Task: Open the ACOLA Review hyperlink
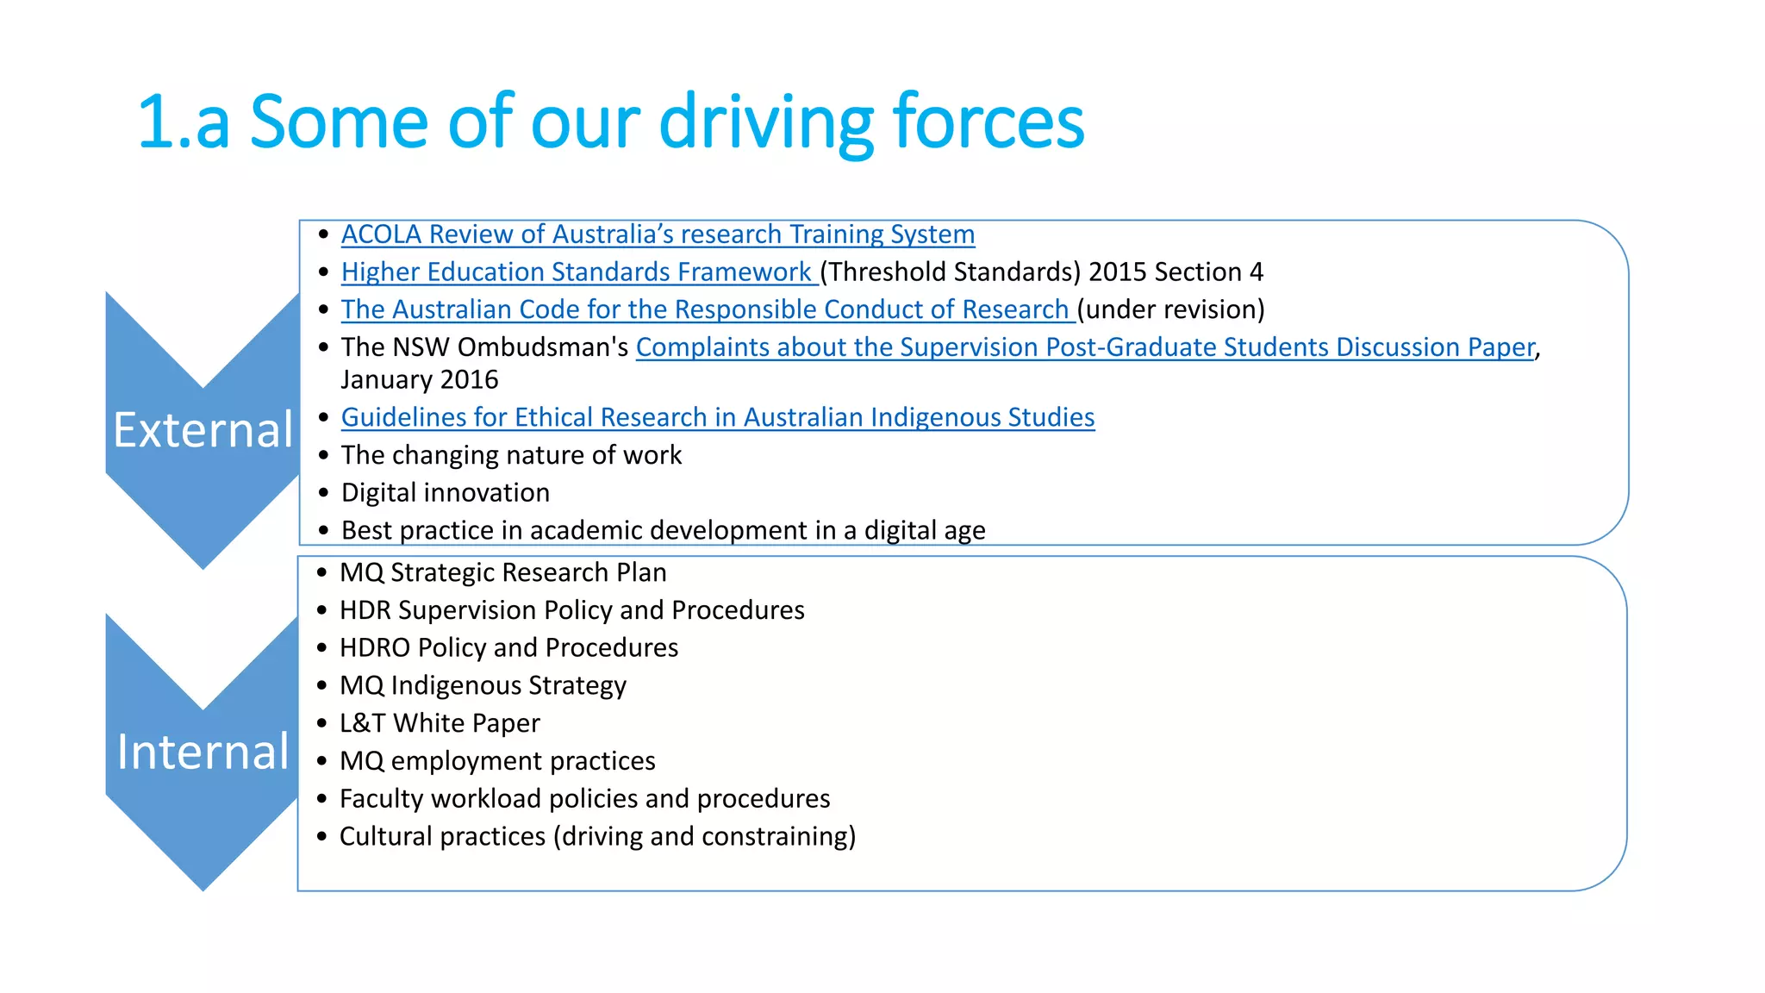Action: (658, 234)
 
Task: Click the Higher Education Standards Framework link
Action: (577, 272)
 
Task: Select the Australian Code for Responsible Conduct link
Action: (705, 309)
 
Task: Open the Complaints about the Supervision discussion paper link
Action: (1085, 347)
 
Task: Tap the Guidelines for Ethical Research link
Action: (717, 417)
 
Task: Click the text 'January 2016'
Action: (420, 380)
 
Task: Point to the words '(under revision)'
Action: (1170, 309)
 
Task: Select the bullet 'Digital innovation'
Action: (445, 493)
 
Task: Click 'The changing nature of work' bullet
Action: (511, 455)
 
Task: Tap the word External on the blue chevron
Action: (203, 430)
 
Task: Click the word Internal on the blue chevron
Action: (203, 753)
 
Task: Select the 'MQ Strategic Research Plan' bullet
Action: (502, 573)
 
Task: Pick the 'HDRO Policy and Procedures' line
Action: (508, 648)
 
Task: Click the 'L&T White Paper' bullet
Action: (440, 723)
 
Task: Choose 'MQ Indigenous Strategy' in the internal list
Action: (483, 686)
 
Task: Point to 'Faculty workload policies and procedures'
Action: (584, 799)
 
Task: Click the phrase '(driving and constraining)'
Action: (704, 837)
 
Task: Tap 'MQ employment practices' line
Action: (497, 761)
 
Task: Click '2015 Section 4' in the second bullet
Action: (1176, 272)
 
